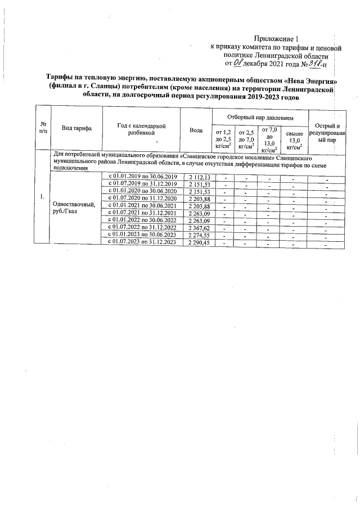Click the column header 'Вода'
(x=196, y=130)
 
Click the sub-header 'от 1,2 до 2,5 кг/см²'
(x=220, y=139)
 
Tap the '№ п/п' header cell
(x=43, y=127)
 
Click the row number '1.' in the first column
(x=43, y=196)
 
